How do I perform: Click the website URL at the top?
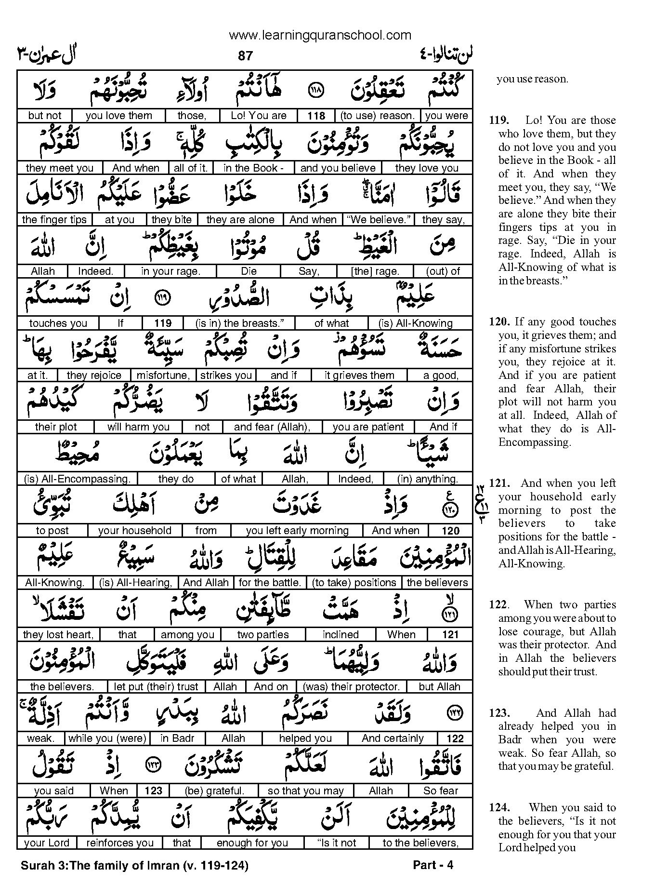(x=320, y=35)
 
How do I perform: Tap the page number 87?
(x=245, y=56)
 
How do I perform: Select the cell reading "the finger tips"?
(x=54, y=220)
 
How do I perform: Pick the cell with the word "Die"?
(x=249, y=271)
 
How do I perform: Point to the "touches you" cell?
(x=58, y=323)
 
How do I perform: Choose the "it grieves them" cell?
(x=359, y=375)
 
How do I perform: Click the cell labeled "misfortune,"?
(x=163, y=375)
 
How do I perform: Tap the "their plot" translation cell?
(x=56, y=427)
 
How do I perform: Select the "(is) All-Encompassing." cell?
(x=77, y=479)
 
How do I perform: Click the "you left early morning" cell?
(x=297, y=531)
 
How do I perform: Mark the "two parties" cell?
(x=263, y=635)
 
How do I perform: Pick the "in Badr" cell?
(x=177, y=738)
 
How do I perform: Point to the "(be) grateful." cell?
(x=214, y=791)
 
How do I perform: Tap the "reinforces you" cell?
(x=119, y=843)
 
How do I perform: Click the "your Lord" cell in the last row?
(x=47, y=843)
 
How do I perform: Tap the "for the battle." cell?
(x=270, y=583)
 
